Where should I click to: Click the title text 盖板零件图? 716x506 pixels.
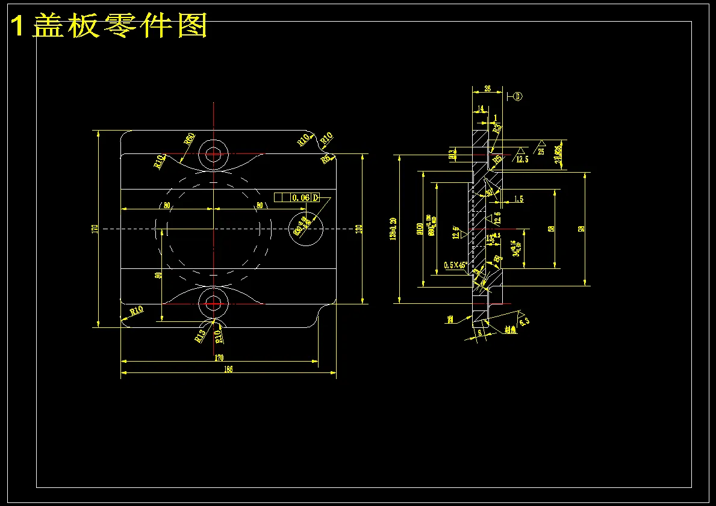coord(120,26)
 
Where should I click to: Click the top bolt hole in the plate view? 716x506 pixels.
coord(213,154)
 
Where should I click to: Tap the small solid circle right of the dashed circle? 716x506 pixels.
coord(306,229)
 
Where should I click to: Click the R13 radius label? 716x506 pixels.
coord(201,335)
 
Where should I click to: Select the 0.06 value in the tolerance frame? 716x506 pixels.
coord(300,197)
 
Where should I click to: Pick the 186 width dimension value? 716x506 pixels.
coord(228,369)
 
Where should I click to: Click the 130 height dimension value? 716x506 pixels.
coord(358,229)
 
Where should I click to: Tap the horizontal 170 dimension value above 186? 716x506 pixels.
coord(219,357)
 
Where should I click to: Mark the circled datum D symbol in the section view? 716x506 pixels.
coord(518,96)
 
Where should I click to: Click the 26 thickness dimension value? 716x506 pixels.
coord(487,88)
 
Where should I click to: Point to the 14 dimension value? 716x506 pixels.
coord(480,109)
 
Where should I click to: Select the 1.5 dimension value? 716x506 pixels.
coord(518,199)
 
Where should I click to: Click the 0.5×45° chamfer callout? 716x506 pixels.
coord(456,265)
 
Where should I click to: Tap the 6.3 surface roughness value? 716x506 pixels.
coord(524,321)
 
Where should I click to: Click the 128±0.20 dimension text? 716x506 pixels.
coord(393,229)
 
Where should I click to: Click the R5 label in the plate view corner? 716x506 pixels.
coord(326,159)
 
